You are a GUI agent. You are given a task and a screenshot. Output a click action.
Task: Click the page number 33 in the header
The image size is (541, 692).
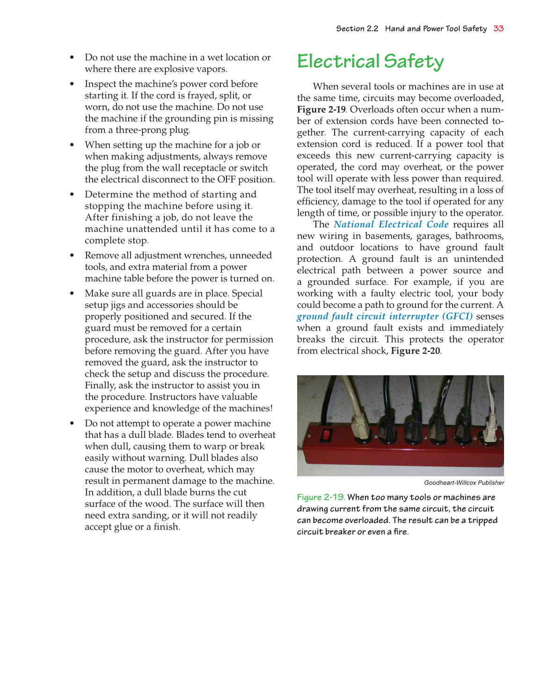[498, 29]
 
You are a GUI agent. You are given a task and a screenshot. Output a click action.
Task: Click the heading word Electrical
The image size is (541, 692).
[338, 61]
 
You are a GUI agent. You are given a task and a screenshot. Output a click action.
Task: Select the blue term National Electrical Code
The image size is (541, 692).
[391, 225]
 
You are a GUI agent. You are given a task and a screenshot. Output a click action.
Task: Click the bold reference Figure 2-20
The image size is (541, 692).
[415, 351]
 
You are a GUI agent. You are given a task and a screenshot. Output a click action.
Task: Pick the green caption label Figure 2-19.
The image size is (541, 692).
[321, 497]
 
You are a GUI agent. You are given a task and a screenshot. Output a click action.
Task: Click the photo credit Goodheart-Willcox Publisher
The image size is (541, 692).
[464, 483]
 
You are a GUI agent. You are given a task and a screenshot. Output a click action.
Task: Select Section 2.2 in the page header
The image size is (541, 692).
[357, 29]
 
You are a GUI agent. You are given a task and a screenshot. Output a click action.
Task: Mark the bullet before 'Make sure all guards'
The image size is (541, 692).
[72, 294]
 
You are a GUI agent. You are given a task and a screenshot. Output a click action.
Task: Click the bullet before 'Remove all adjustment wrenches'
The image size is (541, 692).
[72, 255]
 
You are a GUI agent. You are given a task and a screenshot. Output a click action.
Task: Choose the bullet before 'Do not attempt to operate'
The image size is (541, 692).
[72, 423]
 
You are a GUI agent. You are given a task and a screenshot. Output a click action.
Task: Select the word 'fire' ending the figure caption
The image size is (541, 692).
[401, 532]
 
